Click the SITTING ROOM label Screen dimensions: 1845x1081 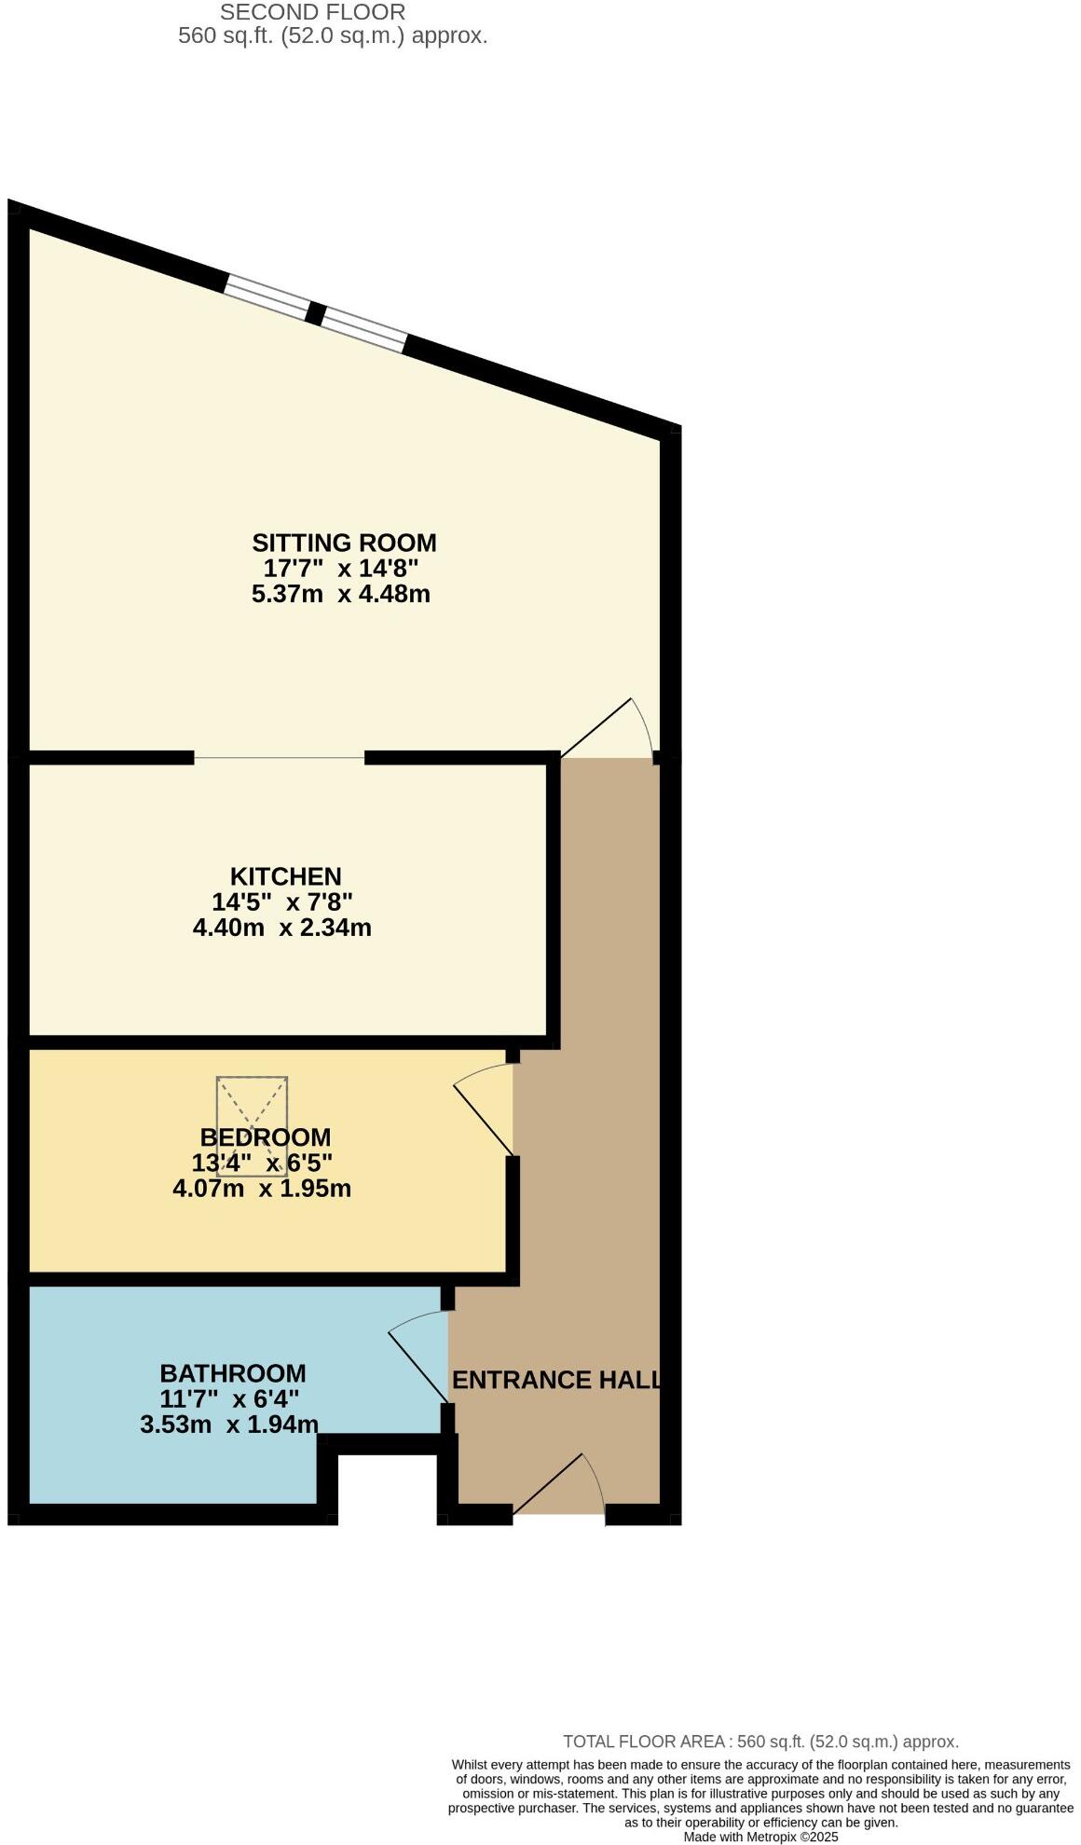click(344, 542)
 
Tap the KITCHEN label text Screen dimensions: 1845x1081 click(285, 875)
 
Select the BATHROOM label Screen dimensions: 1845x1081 click(232, 1372)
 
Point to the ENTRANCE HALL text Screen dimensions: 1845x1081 click(556, 1380)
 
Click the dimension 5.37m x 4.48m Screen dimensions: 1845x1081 click(341, 594)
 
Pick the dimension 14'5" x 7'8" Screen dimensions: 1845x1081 click(282, 902)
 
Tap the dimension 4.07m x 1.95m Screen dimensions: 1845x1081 click(262, 1188)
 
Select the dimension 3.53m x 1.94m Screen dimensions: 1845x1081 click(229, 1425)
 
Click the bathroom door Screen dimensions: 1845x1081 click(417, 1365)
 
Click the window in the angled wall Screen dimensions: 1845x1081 click(316, 313)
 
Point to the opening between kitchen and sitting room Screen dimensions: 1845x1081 click(279, 758)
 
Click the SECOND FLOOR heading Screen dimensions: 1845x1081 click(312, 13)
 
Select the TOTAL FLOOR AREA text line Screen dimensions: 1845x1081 click(760, 1741)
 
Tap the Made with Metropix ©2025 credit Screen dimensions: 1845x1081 click(760, 1837)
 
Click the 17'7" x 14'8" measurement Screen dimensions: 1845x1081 click(341, 568)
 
